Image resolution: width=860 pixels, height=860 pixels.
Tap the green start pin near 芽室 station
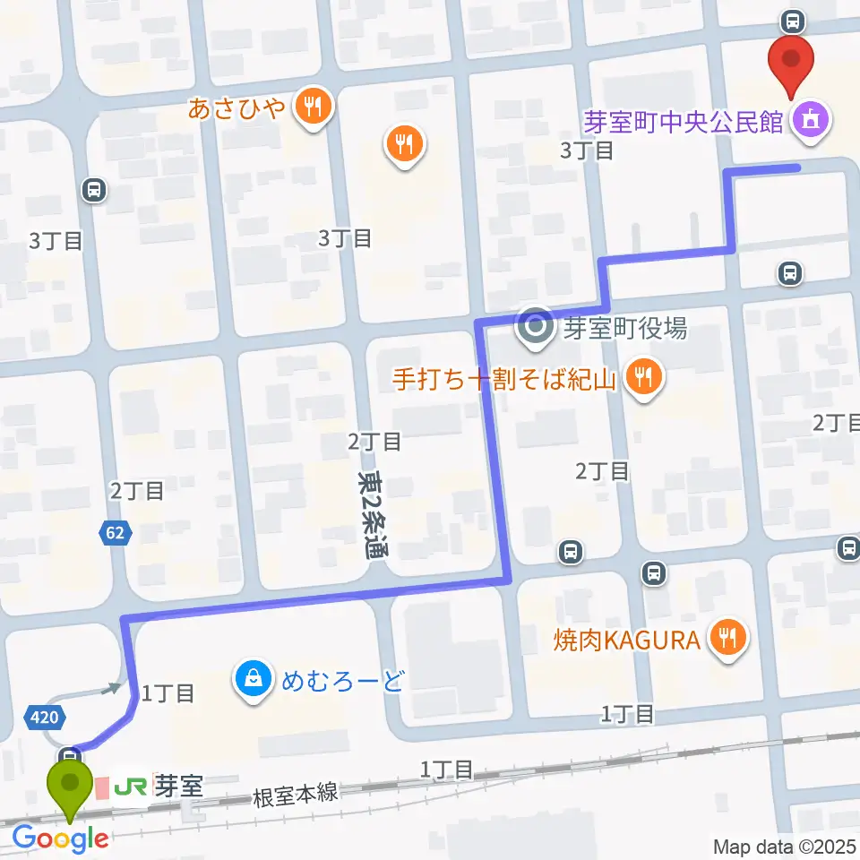[x=70, y=784]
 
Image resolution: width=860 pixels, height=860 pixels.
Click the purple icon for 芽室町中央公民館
[x=813, y=119]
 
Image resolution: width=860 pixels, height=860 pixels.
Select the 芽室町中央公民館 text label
[x=684, y=120]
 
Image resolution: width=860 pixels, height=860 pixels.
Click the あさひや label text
[x=236, y=108]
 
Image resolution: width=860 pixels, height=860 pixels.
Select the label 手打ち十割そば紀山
[x=505, y=379]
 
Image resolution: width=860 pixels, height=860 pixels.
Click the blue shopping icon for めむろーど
[x=254, y=679]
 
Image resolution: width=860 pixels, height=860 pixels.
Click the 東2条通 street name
[x=367, y=514]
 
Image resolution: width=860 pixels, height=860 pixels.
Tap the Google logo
[x=61, y=839]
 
